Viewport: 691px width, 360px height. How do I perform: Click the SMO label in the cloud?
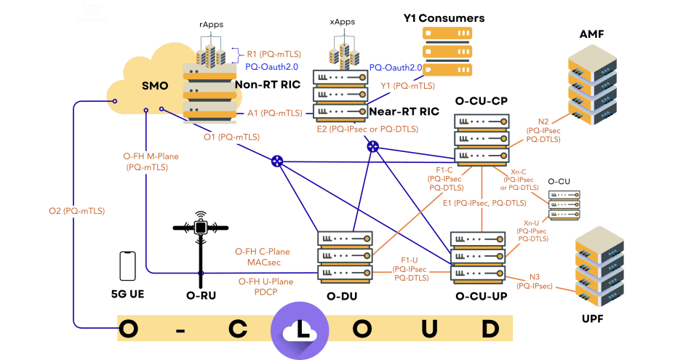pyautogui.click(x=154, y=86)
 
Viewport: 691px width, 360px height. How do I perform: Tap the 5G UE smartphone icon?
pyautogui.click(x=127, y=267)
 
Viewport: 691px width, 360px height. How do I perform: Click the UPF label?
pyautogui.click(x=593, y=319)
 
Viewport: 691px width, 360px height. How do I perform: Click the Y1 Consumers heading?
pyautogui.click(x=444, y=17)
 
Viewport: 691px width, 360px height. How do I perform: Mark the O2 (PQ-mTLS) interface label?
pyautogui.click(x=76, y=211)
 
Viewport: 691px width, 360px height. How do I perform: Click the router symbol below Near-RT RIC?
pyautogui.click(x=374, y=147)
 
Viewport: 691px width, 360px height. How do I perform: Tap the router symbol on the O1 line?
pyautogui.click(x=277, y=161)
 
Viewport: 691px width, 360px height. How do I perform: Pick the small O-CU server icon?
pyautogui.click(x=564, y=205)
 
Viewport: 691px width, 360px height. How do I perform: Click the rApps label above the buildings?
pyautogui.click(x=212, y=23)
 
